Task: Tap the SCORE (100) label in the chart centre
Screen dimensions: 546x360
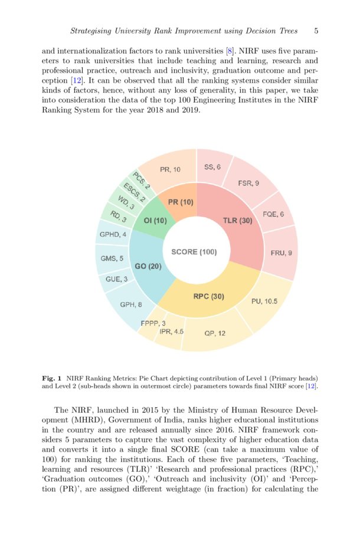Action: point(194,252)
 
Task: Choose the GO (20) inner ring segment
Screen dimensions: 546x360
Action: point(148,266)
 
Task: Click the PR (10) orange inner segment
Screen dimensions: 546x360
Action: point(181,202)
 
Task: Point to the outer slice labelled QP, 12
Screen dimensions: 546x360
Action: point(215,334)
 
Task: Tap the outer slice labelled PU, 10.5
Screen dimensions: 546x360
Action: point(264,301)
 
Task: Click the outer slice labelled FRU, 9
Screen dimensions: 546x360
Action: point(281,253)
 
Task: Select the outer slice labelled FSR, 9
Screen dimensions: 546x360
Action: point(248,183)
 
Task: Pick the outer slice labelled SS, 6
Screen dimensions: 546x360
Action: point(212,167)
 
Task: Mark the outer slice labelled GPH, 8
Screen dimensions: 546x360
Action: point(130,305)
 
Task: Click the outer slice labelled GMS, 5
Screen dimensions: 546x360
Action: point(112,259)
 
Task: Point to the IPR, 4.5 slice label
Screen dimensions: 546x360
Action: point(171,332)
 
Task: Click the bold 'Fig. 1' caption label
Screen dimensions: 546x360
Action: point(53,377)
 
